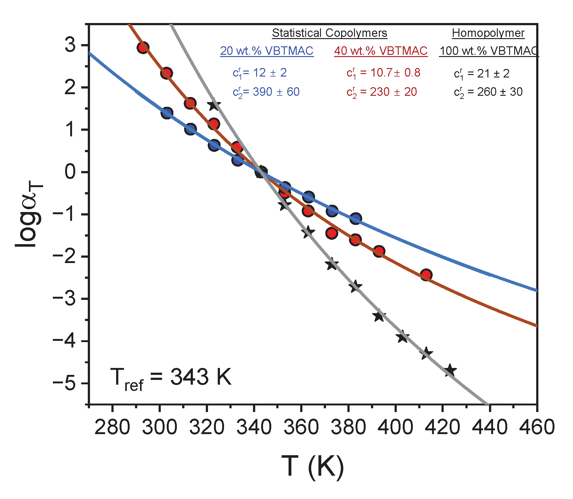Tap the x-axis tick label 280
pyautogui.click(x=112, y=427)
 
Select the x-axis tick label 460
pyautogui.click(x=537, y=427)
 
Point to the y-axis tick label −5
pyautogui.click(x=65, y=383)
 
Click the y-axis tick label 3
pyautogui.click(x=70, y=45)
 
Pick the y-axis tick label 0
pyautogui.click(x=70, y=172)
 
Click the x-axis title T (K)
pyautogui.click(x=312, y=467)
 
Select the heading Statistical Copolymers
pyautogui.click(x=329, y=33)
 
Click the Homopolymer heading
pyautogui.click(x=488, y=33)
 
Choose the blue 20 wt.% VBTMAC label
pyautogui.click(x=267, y=51)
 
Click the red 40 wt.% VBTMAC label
pyautogui.click(x=381, y=51)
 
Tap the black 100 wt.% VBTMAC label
pyautogui.click(x=489, y=51)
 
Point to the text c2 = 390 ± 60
pyautogui.click(x=266, y=92)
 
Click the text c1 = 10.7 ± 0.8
pyautogui.click(x=383, y=73)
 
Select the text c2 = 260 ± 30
pyautogui.click(x=488, y=92)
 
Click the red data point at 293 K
pyautogui.click(x=143, y=48)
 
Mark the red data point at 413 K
pyautogui.click(x=426, y=275)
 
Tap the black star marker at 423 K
pyautogui.click(x=450, y=370)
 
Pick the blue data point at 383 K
pyautogui.click(x=356, y=218)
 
